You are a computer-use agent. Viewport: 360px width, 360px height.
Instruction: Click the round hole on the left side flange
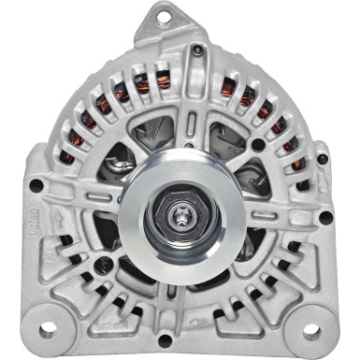tap(36, 185)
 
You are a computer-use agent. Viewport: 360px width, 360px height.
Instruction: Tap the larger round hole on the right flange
tap(325, 218)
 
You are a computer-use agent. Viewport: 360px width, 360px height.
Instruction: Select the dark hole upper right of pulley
tap(257, 144)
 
